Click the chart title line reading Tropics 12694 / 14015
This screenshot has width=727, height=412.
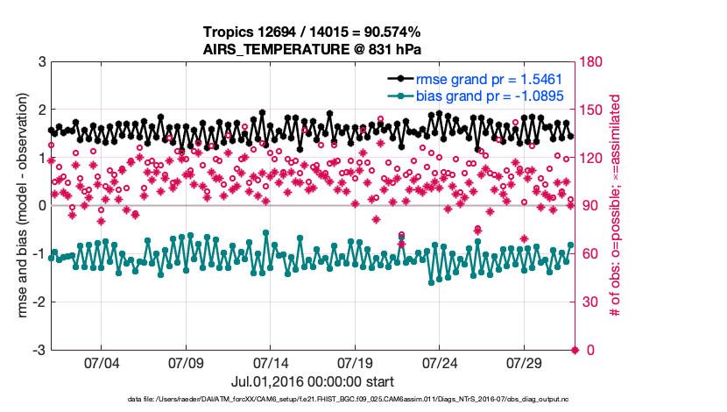tap(312, 32)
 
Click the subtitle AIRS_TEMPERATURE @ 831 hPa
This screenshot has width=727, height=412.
tap(312, 49)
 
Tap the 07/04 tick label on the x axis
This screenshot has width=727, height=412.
tap(101, 363)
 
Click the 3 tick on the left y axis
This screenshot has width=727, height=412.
tap(41, 62)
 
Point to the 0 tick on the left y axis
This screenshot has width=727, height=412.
tap(41, 206)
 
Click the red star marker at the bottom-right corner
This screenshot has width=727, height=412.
tap(575, 350)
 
